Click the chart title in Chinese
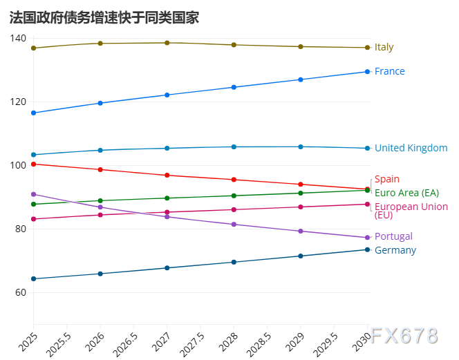pos(104,18)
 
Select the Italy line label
pos(384,48)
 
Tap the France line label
pos(389,71)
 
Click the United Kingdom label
pos(411,148)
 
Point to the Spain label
pos(386,179)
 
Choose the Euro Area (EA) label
pos(406,193)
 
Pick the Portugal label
pos(393,236)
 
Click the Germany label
pos(395,250)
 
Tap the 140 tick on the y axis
pos(18,38)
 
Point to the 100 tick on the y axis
pos(18,165)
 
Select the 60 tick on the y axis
pos(21,292)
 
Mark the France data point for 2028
pos(234,87)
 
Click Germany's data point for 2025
pos(33,279)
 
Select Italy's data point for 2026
pos(100,44)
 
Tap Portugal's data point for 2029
pos(300,231)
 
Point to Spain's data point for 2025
pos(33,164)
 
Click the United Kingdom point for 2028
pos(234,146)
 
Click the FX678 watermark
pos(404,337)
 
